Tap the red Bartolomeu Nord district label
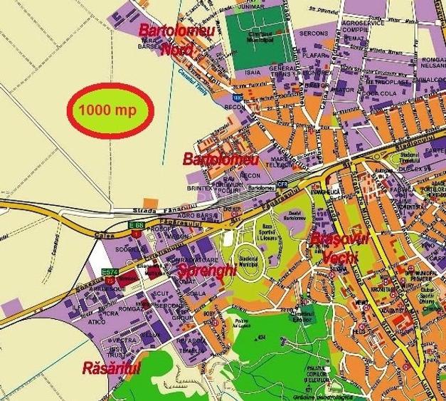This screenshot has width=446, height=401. point(169,40)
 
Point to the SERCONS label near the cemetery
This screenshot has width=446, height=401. point(314,33)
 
